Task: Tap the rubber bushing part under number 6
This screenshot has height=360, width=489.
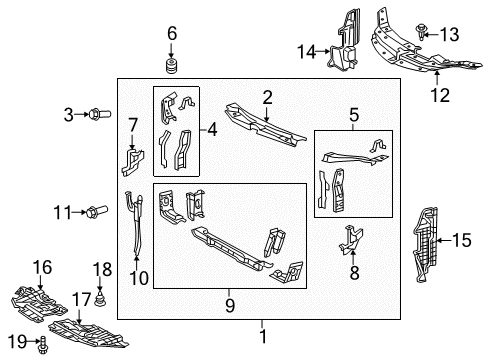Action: click(171, 67)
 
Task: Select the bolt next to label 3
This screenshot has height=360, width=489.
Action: click(97, 115)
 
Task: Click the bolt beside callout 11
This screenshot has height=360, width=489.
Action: click(97, 211)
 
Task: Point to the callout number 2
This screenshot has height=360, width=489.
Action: click(267, 96)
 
